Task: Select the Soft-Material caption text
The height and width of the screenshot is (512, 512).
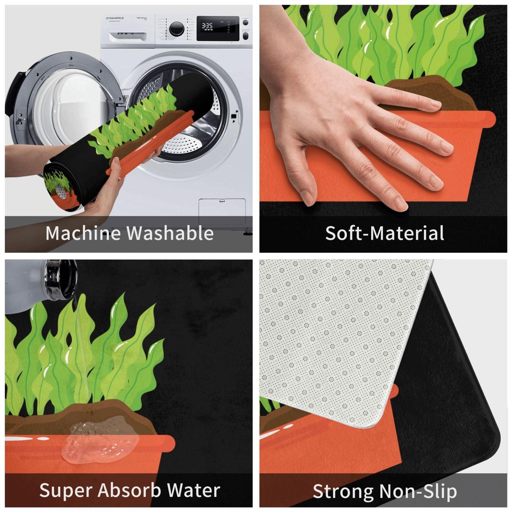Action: coord(384,233)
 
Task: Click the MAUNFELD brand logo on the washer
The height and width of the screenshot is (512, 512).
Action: coord(115,18)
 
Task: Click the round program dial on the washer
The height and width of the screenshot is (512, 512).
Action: coord(176,29)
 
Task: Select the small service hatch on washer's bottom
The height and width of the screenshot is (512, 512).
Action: coord(222,211)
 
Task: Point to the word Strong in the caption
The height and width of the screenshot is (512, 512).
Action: coord(342,492)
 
